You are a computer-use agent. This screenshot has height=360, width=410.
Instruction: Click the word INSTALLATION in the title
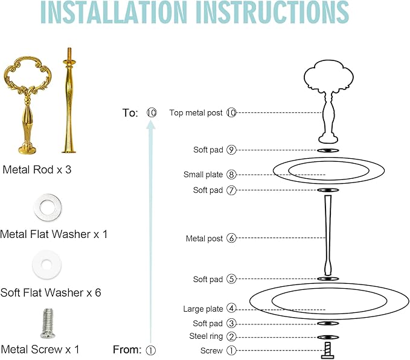click(114, 12)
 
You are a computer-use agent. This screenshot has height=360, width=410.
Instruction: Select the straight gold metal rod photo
click(69, 100)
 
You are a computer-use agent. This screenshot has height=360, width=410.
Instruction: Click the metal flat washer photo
click(48, 207)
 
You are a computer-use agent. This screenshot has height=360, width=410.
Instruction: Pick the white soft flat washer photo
click(47, 265)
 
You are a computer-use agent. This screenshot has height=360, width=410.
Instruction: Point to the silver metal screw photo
click(48, 323)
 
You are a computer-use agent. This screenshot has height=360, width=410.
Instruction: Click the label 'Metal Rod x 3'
click(37, 170)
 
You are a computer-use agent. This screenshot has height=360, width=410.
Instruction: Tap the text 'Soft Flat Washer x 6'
click(51, 292)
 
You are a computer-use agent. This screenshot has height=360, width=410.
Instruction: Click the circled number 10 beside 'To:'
click(152, 113)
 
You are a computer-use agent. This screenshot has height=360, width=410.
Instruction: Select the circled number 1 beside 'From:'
click(150, 350)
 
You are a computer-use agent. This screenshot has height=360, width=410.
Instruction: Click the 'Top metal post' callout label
click(196, 113)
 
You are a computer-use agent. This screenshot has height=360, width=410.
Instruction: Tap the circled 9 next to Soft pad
click(231, 150)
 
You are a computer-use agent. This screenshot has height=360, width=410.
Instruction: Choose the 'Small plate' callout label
click(203, 175)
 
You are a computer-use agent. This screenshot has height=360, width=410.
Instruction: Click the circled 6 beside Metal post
click(231, 238)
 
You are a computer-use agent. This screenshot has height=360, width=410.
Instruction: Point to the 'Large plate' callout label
click(203, 309)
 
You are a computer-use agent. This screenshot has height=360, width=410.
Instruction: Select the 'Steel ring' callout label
click(206, 336)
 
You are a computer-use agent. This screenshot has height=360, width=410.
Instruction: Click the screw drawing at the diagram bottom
click(328, 350)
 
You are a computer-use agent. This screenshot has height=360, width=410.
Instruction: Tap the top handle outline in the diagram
click(328, 101)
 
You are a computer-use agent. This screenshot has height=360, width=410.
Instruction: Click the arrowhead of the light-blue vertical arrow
click(150, 124)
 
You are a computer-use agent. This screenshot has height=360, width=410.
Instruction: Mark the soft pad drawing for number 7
click(328, 190)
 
